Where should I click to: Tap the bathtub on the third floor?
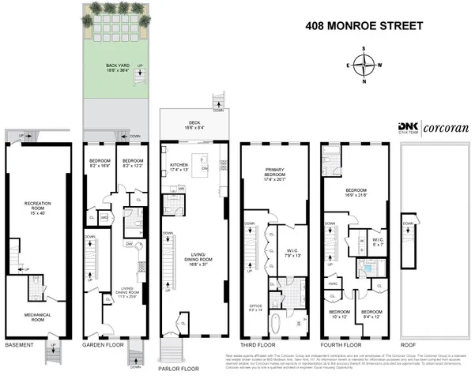(x=275, y=325)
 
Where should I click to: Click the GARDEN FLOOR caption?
(x=100, y=345)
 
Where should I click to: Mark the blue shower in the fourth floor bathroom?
(x=368, y=269)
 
